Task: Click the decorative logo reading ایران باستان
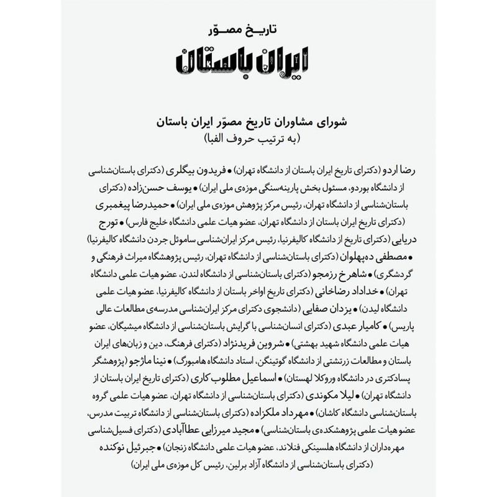coord(248,62)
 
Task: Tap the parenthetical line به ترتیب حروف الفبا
coord(248,137)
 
